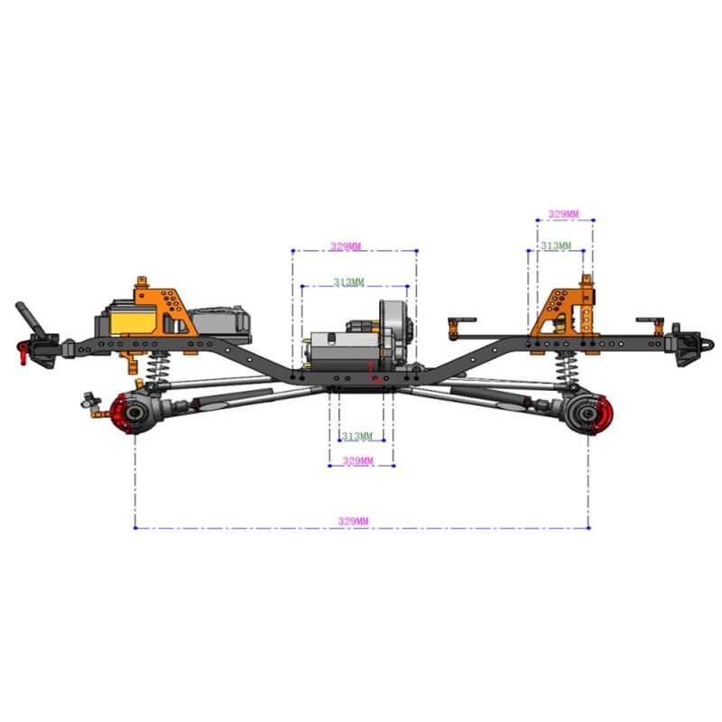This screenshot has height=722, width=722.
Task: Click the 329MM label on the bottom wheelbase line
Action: (x=353, y=522)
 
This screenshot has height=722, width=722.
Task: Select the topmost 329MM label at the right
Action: (x=563, y=214)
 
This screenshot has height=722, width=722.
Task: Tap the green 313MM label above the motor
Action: (x=348, y=282)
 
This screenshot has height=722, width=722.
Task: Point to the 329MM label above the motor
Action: (x=346, y=246)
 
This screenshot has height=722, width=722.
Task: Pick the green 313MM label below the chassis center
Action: (x=356, y=436)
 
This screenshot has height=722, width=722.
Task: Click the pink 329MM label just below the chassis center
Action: (x=357, y=461)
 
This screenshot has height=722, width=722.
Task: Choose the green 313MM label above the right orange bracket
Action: (x=556, y=245)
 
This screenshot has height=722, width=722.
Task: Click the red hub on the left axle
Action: (x=121, y=413)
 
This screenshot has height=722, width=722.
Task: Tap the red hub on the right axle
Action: (x=602, y=414)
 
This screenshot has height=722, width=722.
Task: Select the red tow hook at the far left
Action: (x=23, y=353)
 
